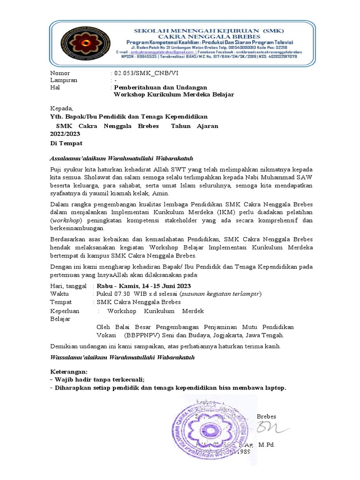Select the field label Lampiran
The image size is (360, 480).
tap(64, 80)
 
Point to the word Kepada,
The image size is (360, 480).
tap(62, 109)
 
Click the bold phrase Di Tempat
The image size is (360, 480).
tap(66, 143)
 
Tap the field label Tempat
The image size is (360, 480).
tap(61, 302)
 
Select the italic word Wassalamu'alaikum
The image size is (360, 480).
tap(79, 358)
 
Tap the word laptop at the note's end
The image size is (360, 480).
tap(274, 388)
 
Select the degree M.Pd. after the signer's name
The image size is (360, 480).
tap(266, 444)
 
